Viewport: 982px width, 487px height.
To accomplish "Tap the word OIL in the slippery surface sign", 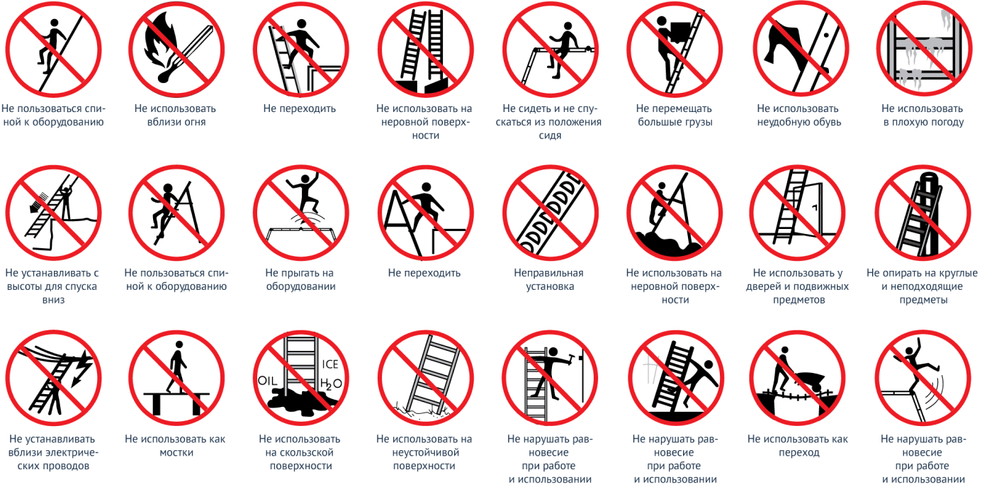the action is pyautogui.click(x=267, y=381).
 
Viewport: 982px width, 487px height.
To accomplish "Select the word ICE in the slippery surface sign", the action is pyautogui.click(x=329, y=364).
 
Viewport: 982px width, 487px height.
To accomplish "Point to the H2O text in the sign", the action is pyautogui.click(x=331, y=384).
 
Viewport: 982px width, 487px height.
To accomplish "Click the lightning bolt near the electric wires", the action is pyautogui.click(x=82, y=369).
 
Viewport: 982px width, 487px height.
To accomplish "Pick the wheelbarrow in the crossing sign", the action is pyautogui.click(x=809, y=381).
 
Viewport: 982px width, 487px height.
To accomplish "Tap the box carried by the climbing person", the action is pyautogui.click(x=680, y=32).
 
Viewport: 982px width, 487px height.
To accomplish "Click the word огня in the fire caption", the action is pyautogui.click(x=191, y=122).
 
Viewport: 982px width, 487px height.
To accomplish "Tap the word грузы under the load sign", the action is pyautogui.click(x=696, y=122).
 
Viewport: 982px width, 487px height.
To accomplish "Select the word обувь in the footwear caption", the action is pyautogui.click(x=825, y=122).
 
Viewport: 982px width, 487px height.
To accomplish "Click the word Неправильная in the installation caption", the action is pyautogui.click(x=548, y=273).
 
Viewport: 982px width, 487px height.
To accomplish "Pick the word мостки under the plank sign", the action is pyautogui.click(x=176, y=452).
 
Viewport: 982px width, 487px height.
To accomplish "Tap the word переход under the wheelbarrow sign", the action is pyautogui.click(x=798, y=452).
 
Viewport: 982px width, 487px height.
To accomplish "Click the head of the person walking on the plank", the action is pyautogui.click(x=179, y=345).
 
